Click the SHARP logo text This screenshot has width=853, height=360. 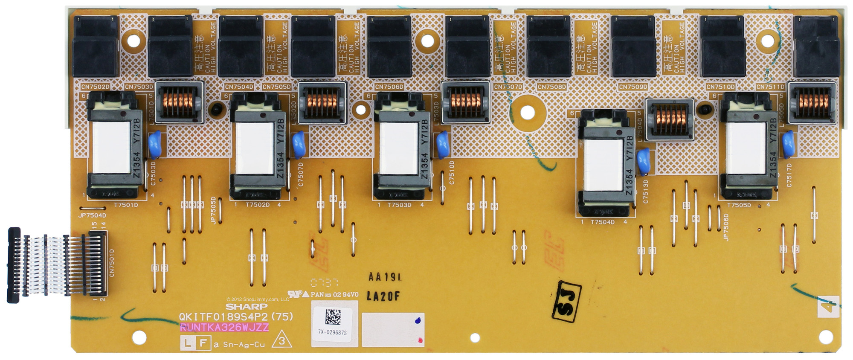247,307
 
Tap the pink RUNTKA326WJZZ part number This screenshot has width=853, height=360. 224,328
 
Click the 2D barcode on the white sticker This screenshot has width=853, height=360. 333,317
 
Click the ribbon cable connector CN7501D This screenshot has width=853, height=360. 97,263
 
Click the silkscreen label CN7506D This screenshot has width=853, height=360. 389,87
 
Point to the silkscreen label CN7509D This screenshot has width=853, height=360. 633,87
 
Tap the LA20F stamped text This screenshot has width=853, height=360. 383,296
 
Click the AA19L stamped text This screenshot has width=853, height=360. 385,277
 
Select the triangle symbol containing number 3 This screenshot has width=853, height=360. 282,341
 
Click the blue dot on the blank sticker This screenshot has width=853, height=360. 417,320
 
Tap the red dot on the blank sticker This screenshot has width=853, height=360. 420,340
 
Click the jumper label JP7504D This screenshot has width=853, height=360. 92,215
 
